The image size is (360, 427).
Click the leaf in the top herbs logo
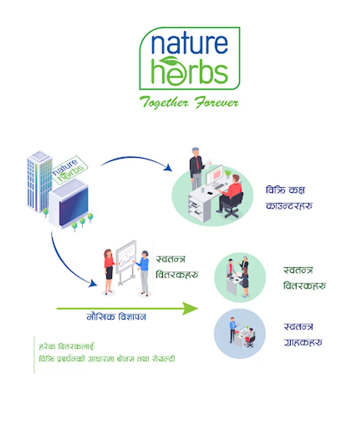pos(169,61)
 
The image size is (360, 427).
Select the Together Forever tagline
pos(189,102)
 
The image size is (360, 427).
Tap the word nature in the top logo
pos(189,45)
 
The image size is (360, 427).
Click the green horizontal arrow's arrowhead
pos(191,309)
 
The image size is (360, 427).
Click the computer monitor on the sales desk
pos(214,176)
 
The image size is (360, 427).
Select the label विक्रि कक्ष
pos(285,190)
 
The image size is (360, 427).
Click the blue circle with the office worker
pos(240,332)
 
